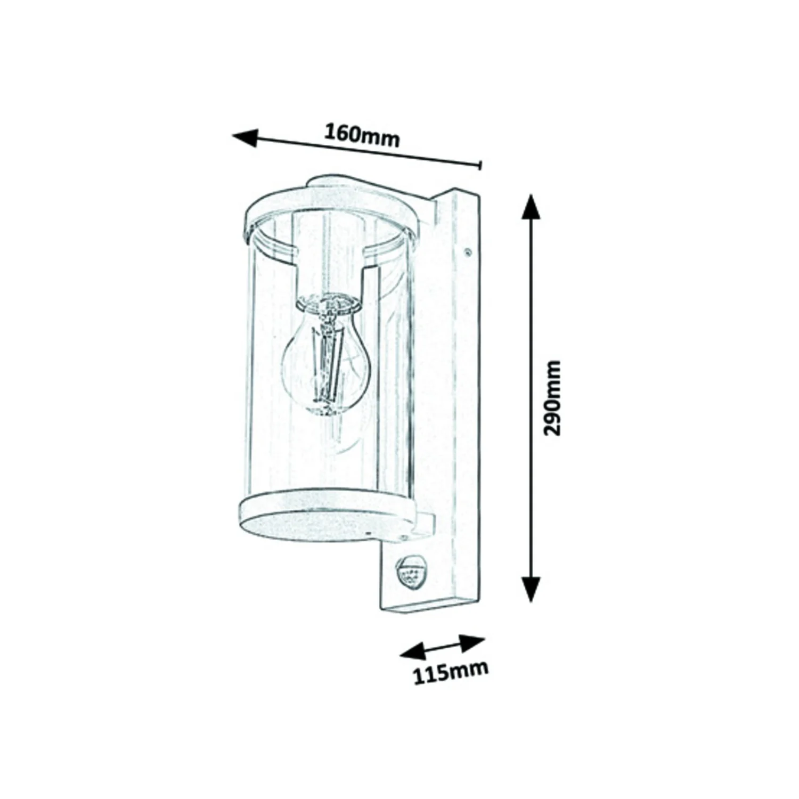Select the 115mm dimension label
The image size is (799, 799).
(x=451, y=673)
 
